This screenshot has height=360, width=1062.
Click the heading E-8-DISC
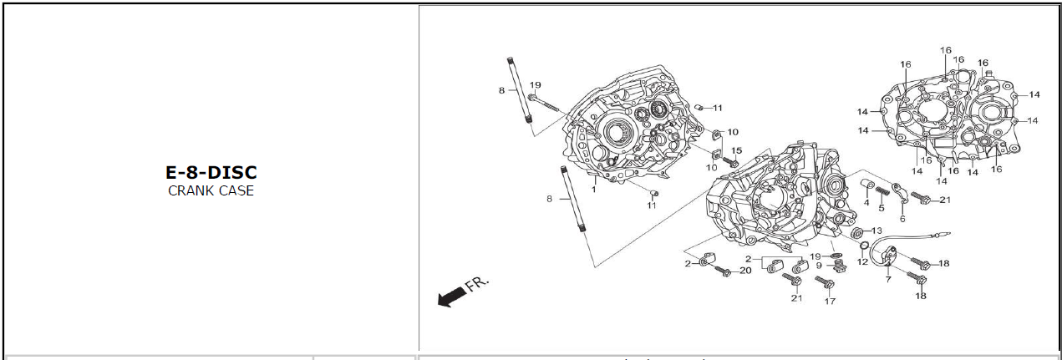(211, 173)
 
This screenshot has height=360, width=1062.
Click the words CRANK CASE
(211, 190)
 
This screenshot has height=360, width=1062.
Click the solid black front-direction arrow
(451, 296)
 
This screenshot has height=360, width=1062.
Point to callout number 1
(594, 190)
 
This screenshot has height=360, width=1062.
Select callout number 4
(866, 203)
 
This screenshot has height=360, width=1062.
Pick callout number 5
(882, 208)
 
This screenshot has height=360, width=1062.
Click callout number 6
(902, 219)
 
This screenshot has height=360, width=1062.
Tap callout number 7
(888, 279)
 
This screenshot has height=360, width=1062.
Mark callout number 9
(820, 266)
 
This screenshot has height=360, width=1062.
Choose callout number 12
(862, 262)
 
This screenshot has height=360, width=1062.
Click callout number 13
(877, 231)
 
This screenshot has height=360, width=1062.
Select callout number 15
(736, 150)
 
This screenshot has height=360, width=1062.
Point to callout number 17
(830, 301)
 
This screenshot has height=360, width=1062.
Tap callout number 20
(745, 271)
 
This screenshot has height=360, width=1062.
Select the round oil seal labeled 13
(857, 231)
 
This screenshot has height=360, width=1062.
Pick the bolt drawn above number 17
(828, 284)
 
